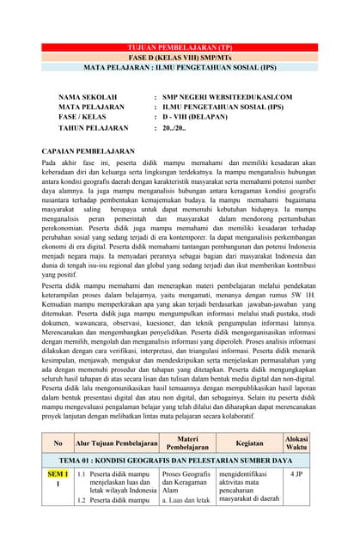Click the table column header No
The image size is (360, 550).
(58, 443)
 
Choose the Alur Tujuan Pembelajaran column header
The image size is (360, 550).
(117, 443)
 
